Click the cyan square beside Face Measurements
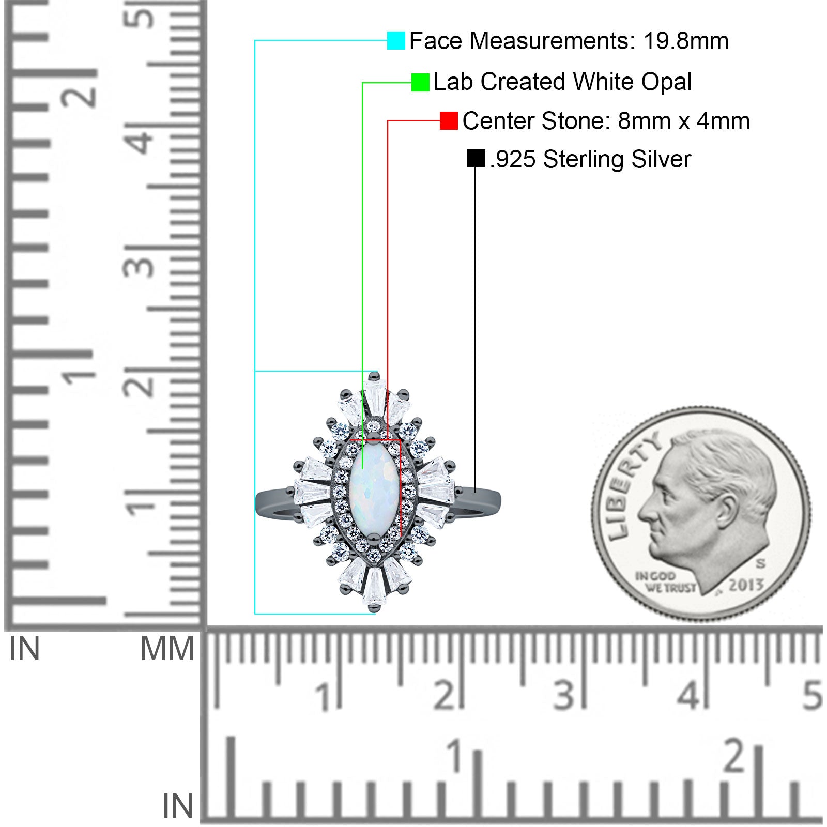click(396, 41)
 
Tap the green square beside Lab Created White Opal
click(420, 83)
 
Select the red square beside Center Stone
click(449, 121)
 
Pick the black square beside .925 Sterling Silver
click(476, 159)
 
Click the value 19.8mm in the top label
click(686, 41)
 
